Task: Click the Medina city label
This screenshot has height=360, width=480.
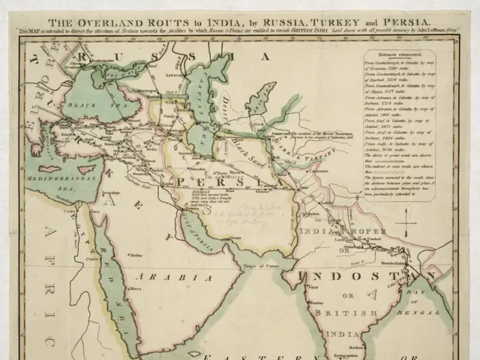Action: pyautogui.click(x=134, y=255)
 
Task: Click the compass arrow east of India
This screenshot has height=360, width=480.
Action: pyautogui.click(x=404, y=223)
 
